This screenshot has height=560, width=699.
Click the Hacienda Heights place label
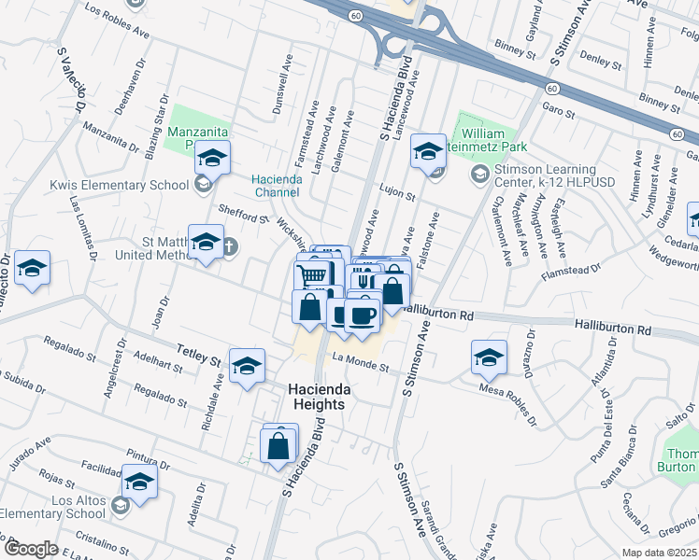[302, 397]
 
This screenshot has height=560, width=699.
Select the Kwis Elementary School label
[120, 184]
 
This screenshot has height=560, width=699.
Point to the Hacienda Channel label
[275, 186]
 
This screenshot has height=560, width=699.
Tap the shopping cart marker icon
[313, 273]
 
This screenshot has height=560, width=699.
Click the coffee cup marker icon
[362, 314]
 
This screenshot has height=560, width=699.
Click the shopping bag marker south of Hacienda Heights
[278, 445]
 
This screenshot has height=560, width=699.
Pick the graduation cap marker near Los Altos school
[139, 481]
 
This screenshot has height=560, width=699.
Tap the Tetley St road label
[198, 354]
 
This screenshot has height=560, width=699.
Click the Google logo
[31, 549]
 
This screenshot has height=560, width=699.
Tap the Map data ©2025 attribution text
[659, 553]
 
